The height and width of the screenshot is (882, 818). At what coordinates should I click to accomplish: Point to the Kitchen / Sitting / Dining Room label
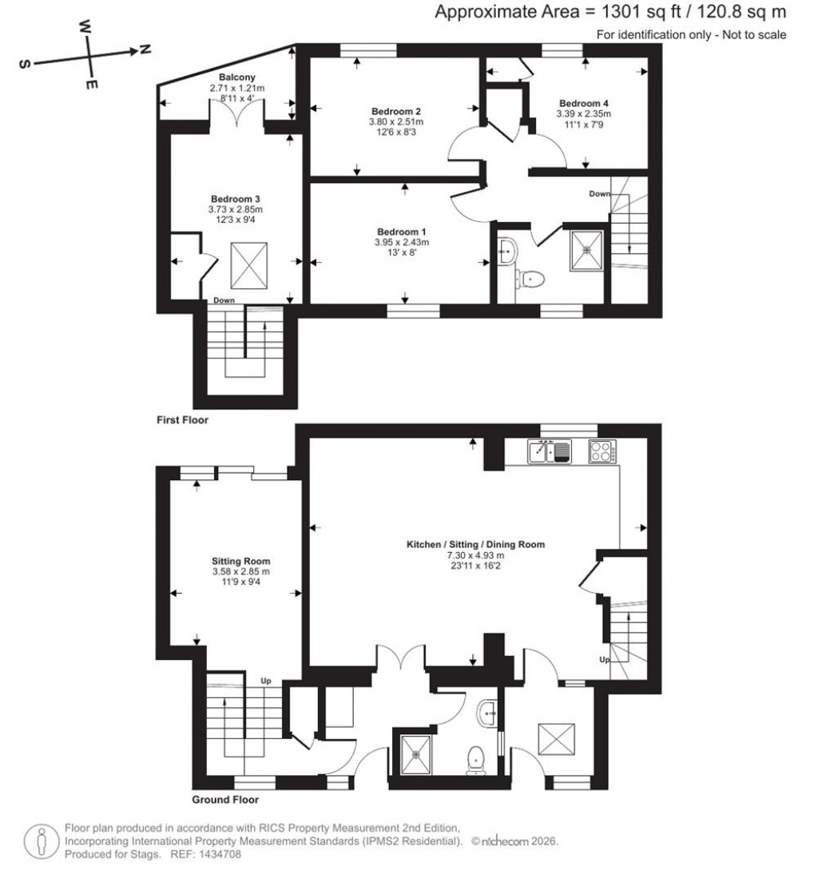[476, 544]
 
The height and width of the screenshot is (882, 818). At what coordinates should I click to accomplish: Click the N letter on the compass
[145, 50]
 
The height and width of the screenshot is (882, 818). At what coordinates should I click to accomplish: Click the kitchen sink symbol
[550, 452]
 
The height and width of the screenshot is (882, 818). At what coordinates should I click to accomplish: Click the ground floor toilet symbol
[477, 758]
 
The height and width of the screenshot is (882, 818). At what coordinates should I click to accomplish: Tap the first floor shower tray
[589, 251]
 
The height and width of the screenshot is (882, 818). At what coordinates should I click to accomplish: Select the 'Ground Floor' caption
[225, 799]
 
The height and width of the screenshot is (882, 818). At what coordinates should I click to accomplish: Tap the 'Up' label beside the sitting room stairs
[266, 681]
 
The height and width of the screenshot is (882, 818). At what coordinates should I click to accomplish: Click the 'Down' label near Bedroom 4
[599, 194]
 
